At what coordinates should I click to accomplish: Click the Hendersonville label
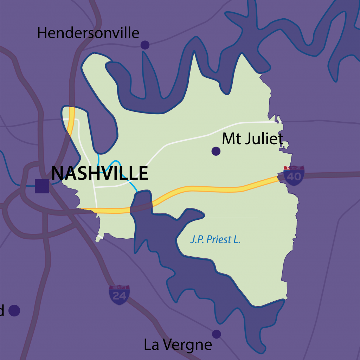point(88,33)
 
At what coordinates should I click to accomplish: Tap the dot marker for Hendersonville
point(145,45)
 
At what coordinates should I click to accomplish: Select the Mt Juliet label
point(252,139)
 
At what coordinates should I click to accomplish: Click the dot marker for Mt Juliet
point(216,151)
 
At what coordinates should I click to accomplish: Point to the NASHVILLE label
point(99,173)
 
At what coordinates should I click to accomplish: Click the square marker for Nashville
point(42,186)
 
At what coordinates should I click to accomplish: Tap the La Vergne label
point(178,345)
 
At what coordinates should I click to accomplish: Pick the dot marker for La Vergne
point(217,334)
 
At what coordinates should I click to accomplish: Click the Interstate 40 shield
point(294,174)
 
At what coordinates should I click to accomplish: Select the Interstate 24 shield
point(119,295)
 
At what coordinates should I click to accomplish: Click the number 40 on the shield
point(294,176)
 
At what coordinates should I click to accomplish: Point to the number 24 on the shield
point(119,296)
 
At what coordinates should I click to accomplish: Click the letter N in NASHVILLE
point(57,173)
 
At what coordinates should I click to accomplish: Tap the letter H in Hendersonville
point(42,33)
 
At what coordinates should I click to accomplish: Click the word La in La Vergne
point(151,345)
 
